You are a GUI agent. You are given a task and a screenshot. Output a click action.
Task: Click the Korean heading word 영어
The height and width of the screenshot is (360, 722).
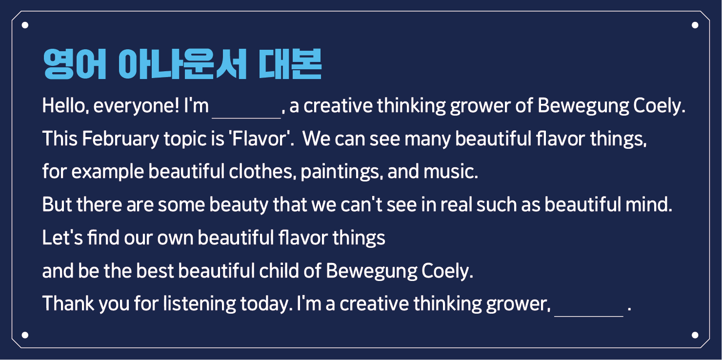click(75, 64)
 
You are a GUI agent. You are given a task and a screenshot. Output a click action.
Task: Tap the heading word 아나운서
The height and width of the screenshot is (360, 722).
click(182, 64)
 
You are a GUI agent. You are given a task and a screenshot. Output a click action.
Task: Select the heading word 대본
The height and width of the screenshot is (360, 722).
click(290, 64)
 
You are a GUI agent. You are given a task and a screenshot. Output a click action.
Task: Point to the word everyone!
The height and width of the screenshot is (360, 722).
click(136, 106)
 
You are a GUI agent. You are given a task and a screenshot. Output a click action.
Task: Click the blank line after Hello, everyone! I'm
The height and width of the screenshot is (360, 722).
click(246, 118)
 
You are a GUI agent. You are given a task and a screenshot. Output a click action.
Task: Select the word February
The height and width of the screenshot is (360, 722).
click(120, 140)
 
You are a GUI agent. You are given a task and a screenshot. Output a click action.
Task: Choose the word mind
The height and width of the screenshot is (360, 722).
click(649, 205)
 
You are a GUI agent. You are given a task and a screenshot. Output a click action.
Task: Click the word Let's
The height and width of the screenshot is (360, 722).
click(62, 238)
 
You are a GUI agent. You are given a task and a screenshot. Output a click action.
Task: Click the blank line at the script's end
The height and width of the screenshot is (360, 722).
click(589, 316)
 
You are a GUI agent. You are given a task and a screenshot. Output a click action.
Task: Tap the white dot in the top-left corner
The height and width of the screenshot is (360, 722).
click(25, 25)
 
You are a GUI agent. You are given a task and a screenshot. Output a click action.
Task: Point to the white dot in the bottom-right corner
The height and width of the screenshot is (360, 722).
click(695, 335)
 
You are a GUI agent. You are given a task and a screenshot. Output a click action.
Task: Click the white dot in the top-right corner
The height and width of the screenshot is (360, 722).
click(695, 25)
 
